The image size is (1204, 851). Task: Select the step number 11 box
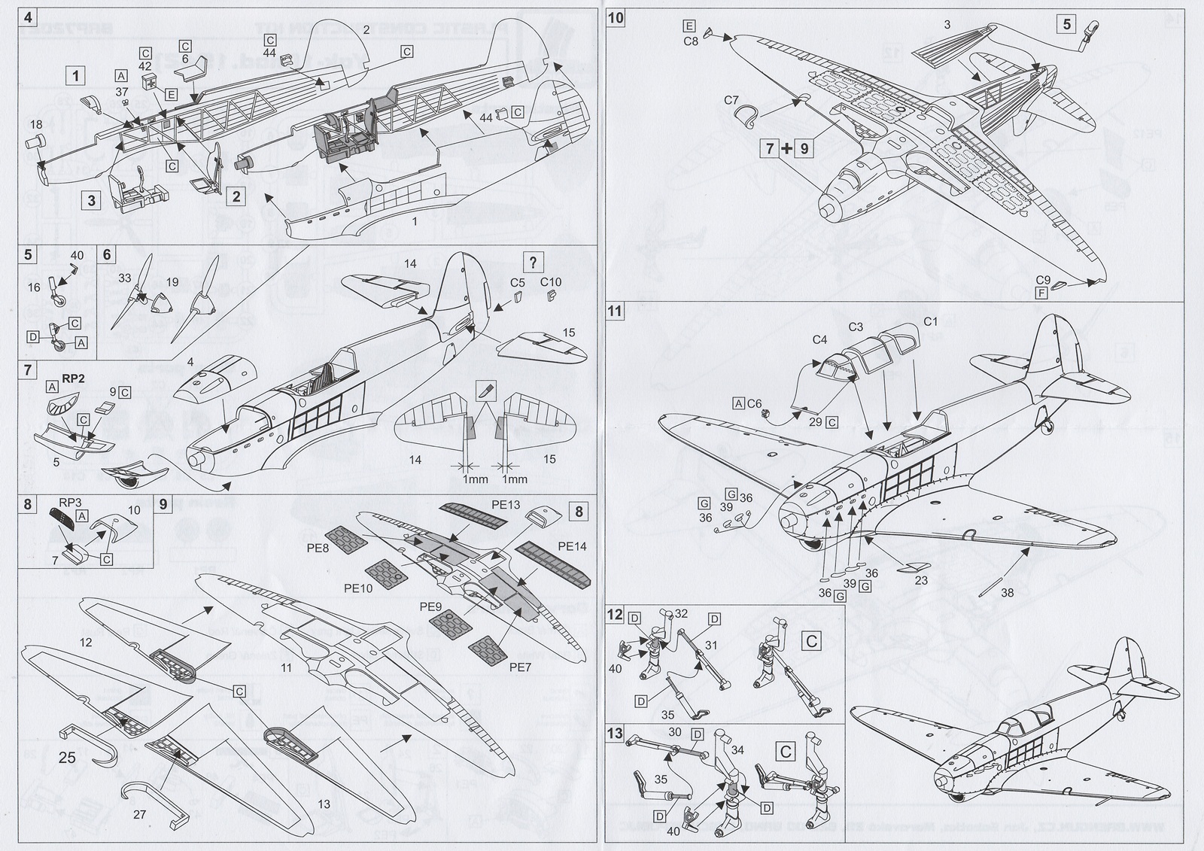616,310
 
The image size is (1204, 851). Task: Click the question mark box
533,263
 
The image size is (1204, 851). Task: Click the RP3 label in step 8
69,500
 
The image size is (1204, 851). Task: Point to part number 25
67,758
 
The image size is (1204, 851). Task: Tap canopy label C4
819,340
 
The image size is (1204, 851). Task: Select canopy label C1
931,322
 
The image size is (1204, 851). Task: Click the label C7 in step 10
731,100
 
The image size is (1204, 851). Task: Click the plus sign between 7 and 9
787,148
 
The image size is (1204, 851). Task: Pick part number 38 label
1007,592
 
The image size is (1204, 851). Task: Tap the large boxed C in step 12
812,641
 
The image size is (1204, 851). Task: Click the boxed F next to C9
1041,293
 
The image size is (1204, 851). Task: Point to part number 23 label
921,580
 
